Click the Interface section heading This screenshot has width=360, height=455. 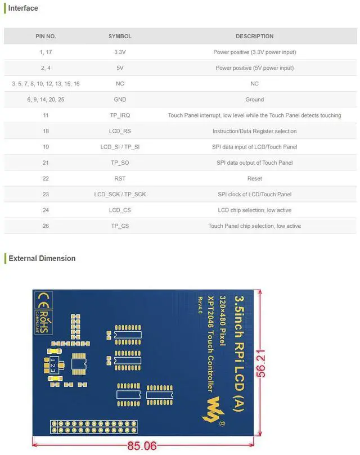(x=23, y=8)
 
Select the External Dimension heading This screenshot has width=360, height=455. (x=42, y=259)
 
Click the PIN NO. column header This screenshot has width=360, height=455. (x=46, y=37)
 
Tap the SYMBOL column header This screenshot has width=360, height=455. (x=120, y=37)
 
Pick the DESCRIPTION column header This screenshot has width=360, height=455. (x=254, y=37)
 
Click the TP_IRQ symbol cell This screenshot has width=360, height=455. (x=120, y=115)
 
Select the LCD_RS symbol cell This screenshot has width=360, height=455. (x=120, y=131)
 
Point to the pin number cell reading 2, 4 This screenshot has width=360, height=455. (x=46, y=68)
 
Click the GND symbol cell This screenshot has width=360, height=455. (x=120, y=100)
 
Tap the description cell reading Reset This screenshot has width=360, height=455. (x=254, y=178)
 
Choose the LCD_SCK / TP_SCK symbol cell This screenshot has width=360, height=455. (x=120, y=194)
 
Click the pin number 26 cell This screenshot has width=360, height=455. (x=46, y=226)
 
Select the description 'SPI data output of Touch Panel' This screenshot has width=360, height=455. (x=254, y=163)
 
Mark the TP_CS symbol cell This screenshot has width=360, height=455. (x=120, y=226)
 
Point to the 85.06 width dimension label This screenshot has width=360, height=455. (x=142, y=446)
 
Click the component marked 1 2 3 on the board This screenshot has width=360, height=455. (x=53, y=365)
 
